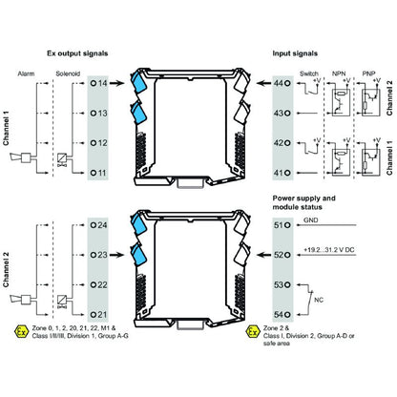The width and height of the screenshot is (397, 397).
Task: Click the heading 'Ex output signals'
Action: point(98,55)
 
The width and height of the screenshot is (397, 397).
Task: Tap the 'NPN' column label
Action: point(339,72)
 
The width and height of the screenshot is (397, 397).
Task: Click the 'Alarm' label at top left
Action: point(26,73)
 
